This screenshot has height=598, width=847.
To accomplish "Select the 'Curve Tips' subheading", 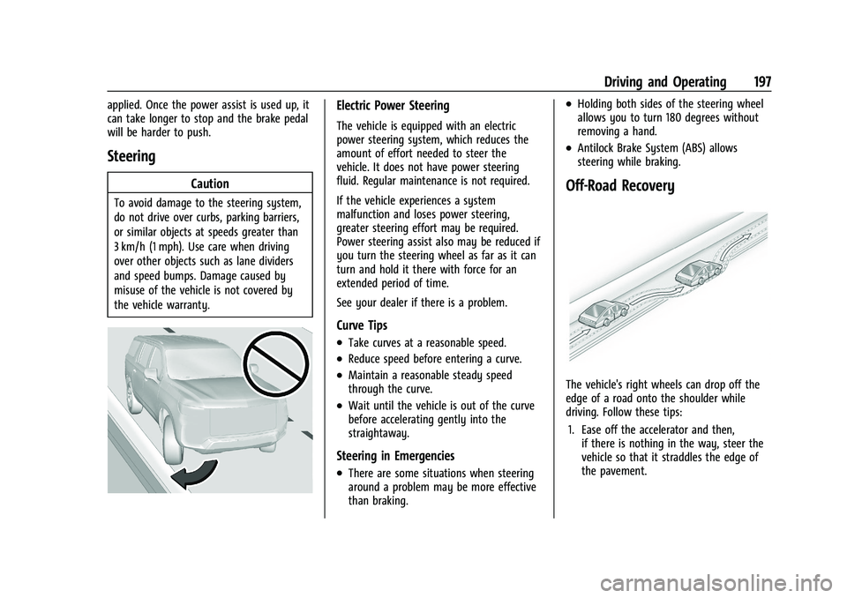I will pyautogui.click(x=362, y=325).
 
